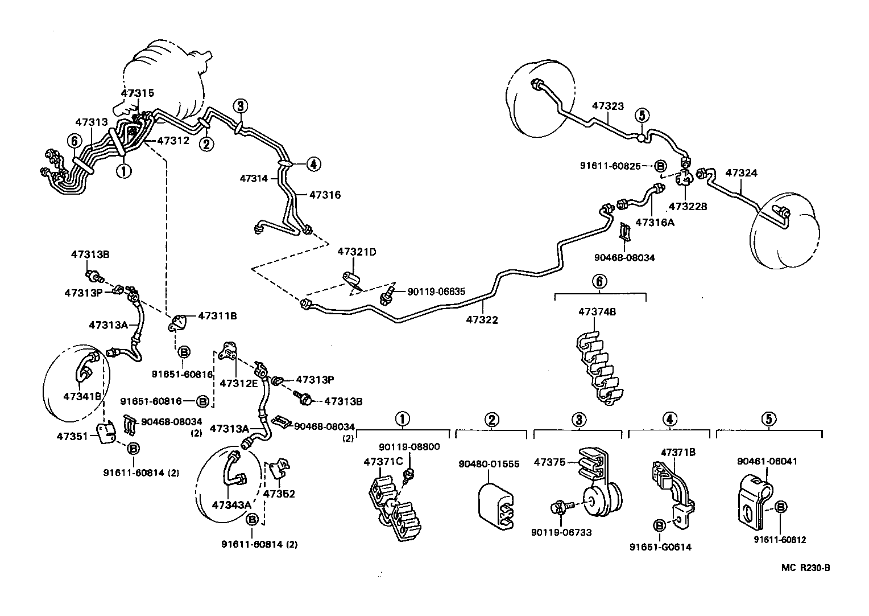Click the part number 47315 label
point(137,92)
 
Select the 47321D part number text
point(357,252)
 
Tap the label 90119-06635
point(436,291)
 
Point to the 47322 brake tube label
point(482,320)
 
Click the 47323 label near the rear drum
point(607,106)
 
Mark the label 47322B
point(688,206)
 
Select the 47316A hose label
point(655,222)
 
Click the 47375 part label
point(549,462)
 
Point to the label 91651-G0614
point(660,547)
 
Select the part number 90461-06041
point(767,461)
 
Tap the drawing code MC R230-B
point(806,568)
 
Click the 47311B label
point(217,315)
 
